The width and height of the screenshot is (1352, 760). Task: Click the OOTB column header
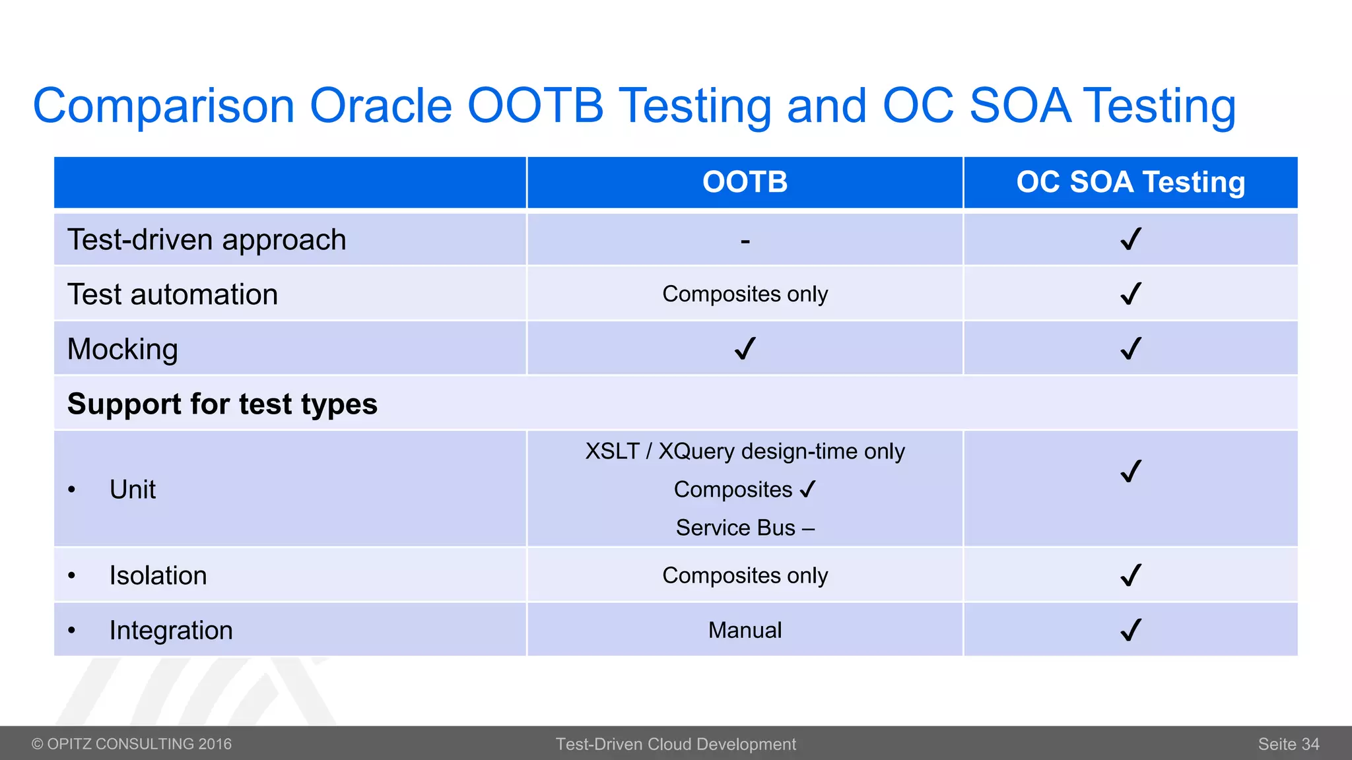[745, 182]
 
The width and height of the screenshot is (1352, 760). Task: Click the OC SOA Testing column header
[1130, 182]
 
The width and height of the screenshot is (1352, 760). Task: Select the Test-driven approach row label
[207, 239]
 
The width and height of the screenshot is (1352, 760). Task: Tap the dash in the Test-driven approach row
[745, 242]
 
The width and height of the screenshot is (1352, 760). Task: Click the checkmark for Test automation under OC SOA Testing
[1131, 294]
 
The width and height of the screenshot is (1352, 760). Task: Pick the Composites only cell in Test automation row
[745, 294]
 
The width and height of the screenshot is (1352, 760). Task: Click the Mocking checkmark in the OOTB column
[745, 348]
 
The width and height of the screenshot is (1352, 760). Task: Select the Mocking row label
[123, 349]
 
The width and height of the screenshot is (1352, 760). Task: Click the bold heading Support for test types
[222, 404]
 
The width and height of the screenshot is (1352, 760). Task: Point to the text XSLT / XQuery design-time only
[745, 451]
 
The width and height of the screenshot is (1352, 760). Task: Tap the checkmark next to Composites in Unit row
[807, 490]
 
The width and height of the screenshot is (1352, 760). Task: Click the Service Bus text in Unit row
[735, 528]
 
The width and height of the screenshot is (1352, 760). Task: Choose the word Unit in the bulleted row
[133, 490]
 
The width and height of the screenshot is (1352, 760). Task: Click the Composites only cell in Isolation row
[745, 575]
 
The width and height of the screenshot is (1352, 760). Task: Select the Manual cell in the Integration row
[745, 630]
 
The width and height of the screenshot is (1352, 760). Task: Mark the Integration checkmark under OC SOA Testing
[1131, 630]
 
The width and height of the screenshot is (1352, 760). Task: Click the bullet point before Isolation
[72, 576]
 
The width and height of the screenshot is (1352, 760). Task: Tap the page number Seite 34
[1288, 744]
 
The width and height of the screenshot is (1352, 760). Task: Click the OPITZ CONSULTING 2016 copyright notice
[132, 744]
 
